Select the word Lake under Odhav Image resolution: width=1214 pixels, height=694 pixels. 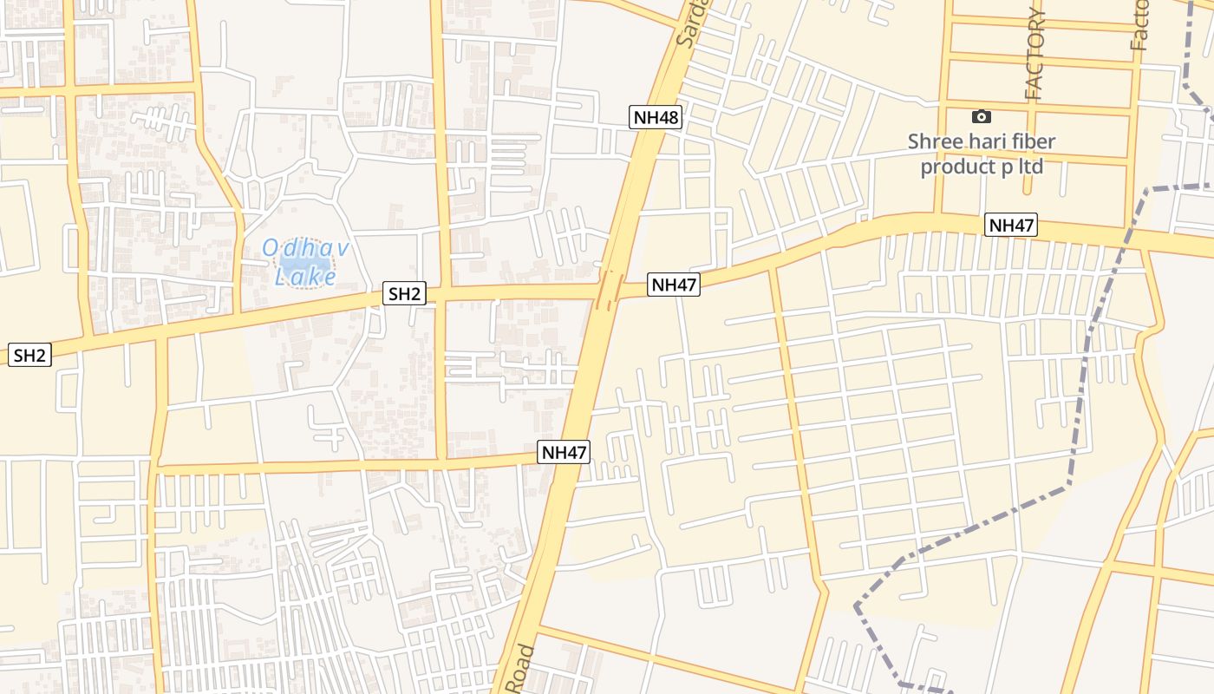[304, 278]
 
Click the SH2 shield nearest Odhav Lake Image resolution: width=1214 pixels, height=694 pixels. [404, 294]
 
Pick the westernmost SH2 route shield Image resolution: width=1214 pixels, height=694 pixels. [29, 354]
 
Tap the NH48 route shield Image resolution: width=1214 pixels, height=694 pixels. [656, 117]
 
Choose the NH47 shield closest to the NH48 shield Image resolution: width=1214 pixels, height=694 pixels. [673, 285]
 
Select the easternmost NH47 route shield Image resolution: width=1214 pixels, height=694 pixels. [1011, 226]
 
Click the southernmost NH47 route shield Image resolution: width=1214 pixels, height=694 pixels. [564, 451]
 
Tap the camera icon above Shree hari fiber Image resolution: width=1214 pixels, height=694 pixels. [981, 116]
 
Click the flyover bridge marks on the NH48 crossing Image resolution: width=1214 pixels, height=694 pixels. [608, 290]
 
